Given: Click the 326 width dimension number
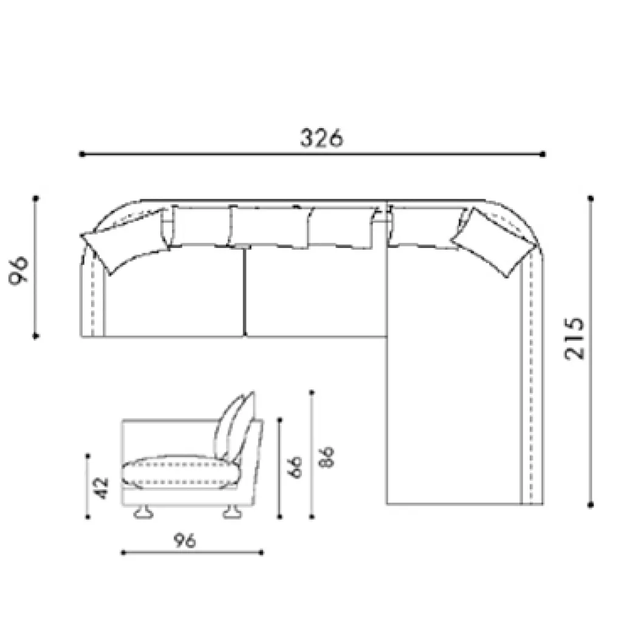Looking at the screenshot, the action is click(x=322, y=138).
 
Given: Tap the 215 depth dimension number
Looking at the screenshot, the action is click(x=574, y=338).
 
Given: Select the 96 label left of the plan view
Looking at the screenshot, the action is click(x=18, y=270).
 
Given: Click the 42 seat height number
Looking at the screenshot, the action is click(x=101, y=488).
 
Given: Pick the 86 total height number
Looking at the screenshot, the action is click(x=327, y=457).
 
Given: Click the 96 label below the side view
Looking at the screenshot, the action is click(x=185, y=540).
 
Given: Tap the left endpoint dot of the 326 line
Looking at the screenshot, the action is click(x=82, y=154).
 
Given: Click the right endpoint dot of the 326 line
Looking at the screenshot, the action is click(x=543, y=154).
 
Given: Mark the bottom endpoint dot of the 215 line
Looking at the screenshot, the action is click(x=591, y=506).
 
